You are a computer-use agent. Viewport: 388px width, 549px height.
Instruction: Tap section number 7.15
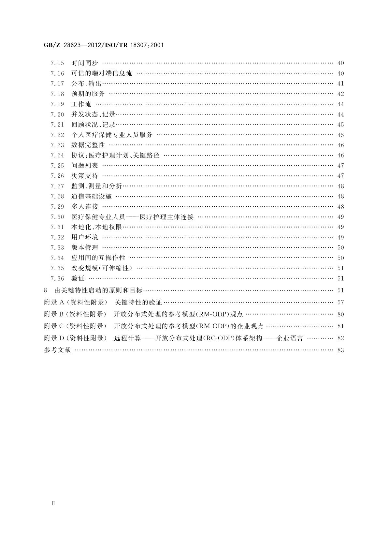(57, 63)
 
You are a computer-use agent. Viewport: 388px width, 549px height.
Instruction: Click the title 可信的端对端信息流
(102, 73)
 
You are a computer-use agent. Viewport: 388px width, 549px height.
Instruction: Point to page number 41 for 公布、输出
(340, 84)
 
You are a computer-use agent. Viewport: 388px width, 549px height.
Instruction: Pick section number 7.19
(57, 104)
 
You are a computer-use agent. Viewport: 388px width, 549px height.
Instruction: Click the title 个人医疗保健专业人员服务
(112, 135)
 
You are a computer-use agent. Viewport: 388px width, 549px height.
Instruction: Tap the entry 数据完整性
(88, 145)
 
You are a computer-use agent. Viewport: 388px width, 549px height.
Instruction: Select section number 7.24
(57, 156)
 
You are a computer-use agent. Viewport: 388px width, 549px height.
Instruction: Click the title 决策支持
(84, 176)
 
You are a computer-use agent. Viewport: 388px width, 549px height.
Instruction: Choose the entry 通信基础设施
(91, 196)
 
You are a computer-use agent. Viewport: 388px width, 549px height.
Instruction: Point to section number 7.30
(57, 217)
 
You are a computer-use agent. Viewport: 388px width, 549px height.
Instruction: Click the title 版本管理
(84, 248)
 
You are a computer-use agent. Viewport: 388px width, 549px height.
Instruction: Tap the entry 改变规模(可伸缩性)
(102, 268)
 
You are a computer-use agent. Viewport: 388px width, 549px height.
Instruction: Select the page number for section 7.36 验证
(340, 279)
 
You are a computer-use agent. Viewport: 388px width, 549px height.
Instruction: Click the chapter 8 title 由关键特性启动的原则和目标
(98, 290)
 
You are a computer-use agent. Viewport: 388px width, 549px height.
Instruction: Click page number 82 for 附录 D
(340, 338)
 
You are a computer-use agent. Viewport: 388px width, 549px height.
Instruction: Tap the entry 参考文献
(57, 350)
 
